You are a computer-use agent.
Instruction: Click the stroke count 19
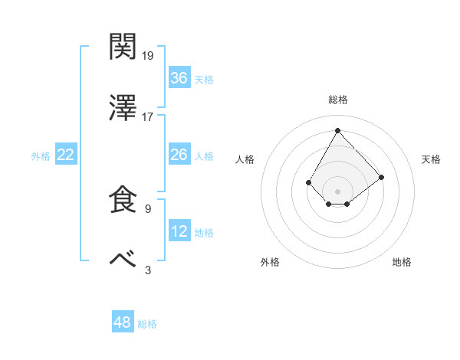tap(148, 56)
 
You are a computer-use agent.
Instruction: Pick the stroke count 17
tap(148, 117)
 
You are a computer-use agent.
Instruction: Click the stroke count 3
tap(147, 270)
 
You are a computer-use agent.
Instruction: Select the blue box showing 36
tap(179, 78)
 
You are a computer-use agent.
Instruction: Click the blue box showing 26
tap(179, 155)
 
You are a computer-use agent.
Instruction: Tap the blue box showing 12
tap(179, 231)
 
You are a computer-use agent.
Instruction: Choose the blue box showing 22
tap(66, 155)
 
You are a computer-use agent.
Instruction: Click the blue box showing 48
tap(123, 322)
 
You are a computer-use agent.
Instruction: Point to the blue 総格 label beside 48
tap(147, 324)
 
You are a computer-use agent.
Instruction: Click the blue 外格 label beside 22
tap(41, 156)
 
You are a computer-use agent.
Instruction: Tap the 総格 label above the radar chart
tap(337, 100)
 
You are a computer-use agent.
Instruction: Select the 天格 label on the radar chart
tap(431, 159)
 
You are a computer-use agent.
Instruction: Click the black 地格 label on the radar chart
tap(402, 262)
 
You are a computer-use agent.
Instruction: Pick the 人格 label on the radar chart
tap(245, 159)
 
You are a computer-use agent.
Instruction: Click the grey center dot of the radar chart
tap(337, 190)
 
